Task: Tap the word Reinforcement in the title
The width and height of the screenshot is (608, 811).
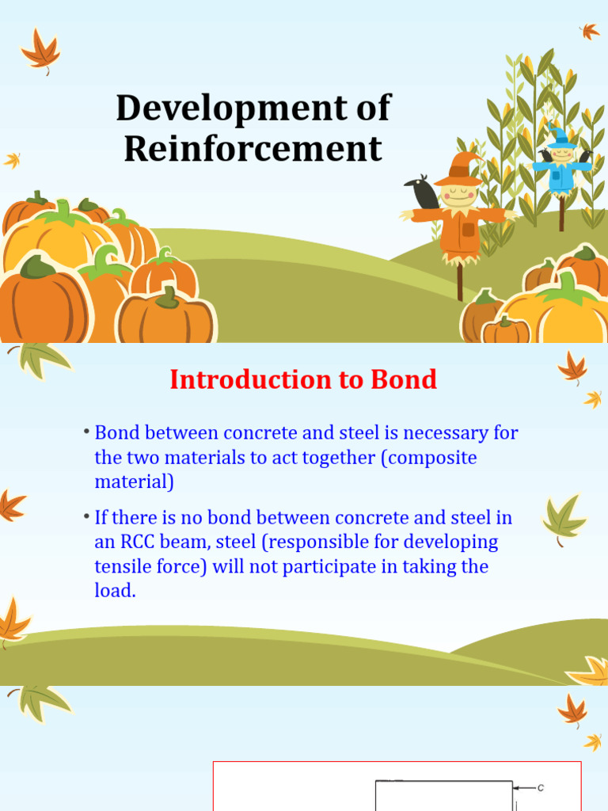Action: point(253,148)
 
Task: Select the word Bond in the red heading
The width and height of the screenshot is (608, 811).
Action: point(404,379)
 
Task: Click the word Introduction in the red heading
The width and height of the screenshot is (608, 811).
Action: point(251,379)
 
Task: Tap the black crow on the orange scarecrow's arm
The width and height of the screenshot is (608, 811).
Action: point(424,192)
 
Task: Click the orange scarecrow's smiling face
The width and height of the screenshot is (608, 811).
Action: point(458,195)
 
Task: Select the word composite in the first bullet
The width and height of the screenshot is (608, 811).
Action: point(429,458)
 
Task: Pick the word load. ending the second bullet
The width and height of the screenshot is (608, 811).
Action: point(115,590)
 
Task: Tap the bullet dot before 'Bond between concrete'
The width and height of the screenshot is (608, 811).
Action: point(86,431)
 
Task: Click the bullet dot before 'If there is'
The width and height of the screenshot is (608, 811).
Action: point(86,516)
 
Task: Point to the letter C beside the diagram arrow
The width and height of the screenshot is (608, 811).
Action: point(541,788)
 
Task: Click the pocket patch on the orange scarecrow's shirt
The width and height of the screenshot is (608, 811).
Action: point(468,229)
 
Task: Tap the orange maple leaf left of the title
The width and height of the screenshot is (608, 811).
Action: point(40,50)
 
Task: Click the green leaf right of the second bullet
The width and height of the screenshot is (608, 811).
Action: point(564,519)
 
